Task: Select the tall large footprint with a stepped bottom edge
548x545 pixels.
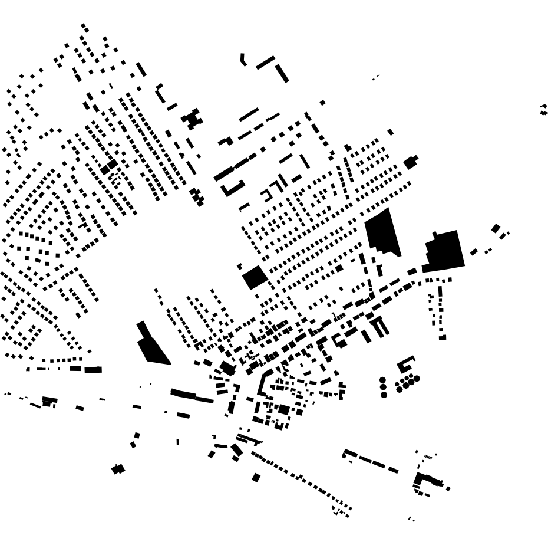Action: point(382,232)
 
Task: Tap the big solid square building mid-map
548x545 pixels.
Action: point(255,277)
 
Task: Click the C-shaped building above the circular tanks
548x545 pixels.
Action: point(405,362)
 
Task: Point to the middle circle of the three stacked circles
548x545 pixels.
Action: point(384,387)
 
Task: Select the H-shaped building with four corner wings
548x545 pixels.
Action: point(192,119)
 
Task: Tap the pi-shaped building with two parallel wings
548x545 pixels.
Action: point(379,326)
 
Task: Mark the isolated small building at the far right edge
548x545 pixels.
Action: point(543,110)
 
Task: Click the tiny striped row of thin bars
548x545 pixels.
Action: point(428,457)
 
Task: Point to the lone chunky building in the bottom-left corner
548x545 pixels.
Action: point(118,470)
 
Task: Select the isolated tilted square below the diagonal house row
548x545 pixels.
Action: point(256,478)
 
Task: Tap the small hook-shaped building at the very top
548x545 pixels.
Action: point(242,60)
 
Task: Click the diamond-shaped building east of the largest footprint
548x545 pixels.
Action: point(496,229)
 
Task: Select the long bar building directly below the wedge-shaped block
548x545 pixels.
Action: point(192,396)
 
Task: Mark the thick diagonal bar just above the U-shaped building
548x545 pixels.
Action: point(223,173)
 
